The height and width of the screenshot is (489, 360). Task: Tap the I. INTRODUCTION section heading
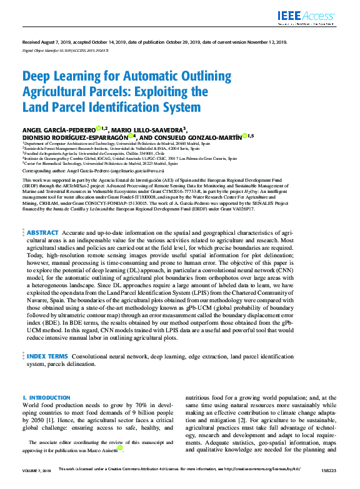click(46, 398)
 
